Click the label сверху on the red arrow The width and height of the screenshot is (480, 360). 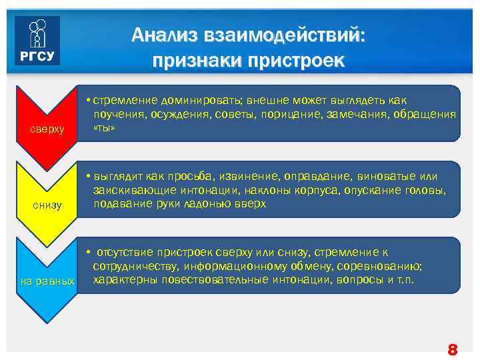click(x=47, y=128)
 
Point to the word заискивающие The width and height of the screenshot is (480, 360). click(x=130, y=191)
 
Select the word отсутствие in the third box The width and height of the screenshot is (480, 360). click(x=126, y=253)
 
